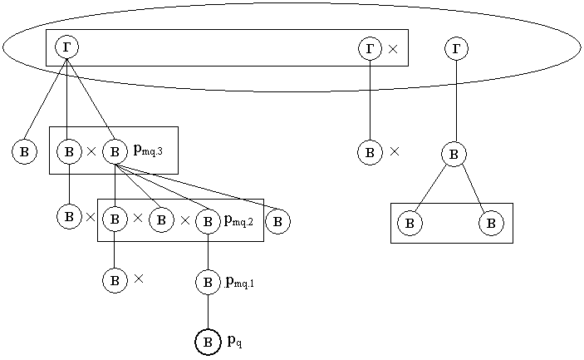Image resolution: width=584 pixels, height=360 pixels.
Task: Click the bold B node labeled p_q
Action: pos(208,342)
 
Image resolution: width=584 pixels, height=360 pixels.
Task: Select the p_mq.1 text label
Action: pos(239,282)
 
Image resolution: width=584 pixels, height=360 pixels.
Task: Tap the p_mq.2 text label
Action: pos(238,220)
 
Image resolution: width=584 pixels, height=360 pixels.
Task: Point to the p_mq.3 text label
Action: pos(148,150)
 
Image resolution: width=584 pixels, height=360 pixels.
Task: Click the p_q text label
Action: pos(235,341)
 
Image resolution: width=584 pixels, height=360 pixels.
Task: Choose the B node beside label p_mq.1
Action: pos(208,282)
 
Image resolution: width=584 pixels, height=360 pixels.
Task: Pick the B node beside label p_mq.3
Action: pos(115,151)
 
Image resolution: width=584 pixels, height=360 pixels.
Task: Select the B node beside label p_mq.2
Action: pos(208,220)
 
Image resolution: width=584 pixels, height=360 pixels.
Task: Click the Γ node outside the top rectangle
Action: pos(456,48)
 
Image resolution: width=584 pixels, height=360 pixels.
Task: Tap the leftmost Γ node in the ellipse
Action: pos(66,47)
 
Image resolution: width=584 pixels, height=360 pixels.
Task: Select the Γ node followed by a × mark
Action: pos(370,48)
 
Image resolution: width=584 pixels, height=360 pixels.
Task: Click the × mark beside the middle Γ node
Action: pos(393,49)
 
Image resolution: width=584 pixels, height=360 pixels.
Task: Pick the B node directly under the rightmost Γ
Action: pos(454,154)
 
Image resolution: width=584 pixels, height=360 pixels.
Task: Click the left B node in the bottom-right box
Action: pos(410,223)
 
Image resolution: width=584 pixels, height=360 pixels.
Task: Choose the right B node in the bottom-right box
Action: pos(491,223)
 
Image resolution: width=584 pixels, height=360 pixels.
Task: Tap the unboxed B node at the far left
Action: pos(24,151)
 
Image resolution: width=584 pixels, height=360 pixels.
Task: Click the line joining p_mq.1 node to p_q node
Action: pos(208,312)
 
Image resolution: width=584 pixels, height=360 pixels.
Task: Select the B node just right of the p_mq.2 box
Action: pos(278,221)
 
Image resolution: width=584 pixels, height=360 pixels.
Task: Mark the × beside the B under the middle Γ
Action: pos(395,151)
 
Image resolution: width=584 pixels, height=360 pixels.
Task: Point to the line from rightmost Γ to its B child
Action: pos(456,100)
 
